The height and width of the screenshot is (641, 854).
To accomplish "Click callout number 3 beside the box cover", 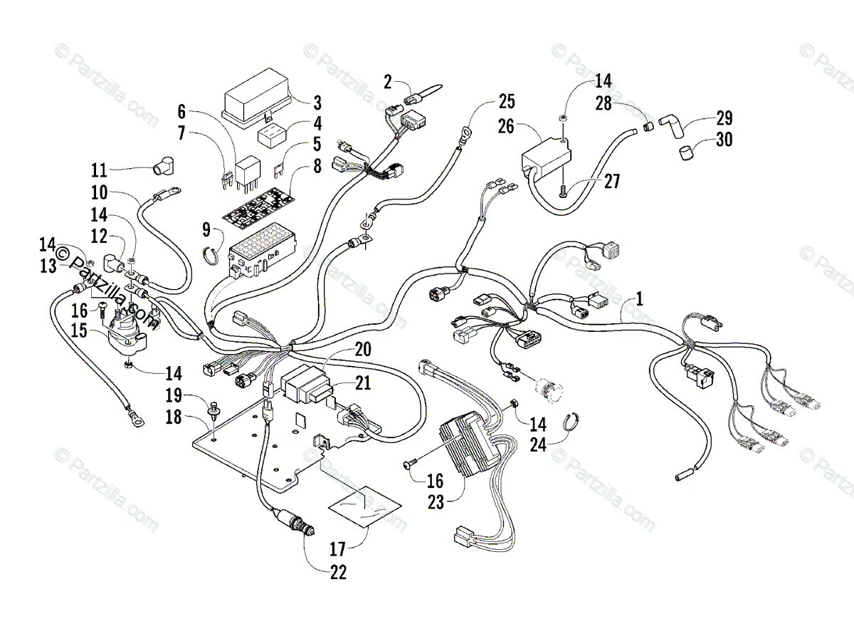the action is [x=317, y=103].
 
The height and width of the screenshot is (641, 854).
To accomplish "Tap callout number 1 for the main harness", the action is [x=639, y=299].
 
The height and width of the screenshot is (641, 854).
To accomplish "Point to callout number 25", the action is [x=507, y=101].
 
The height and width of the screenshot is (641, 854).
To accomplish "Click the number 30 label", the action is [x=724, y=140].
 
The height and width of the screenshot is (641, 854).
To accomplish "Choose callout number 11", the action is [x=99, y=170].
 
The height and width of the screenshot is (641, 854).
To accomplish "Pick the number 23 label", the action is [x=436, y=502].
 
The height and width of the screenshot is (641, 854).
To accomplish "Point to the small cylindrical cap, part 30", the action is [x=687, y=153].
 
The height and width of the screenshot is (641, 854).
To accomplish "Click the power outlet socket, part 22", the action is [x=295, y=524].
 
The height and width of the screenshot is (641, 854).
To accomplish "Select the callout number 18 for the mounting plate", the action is [x=174, y=417].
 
